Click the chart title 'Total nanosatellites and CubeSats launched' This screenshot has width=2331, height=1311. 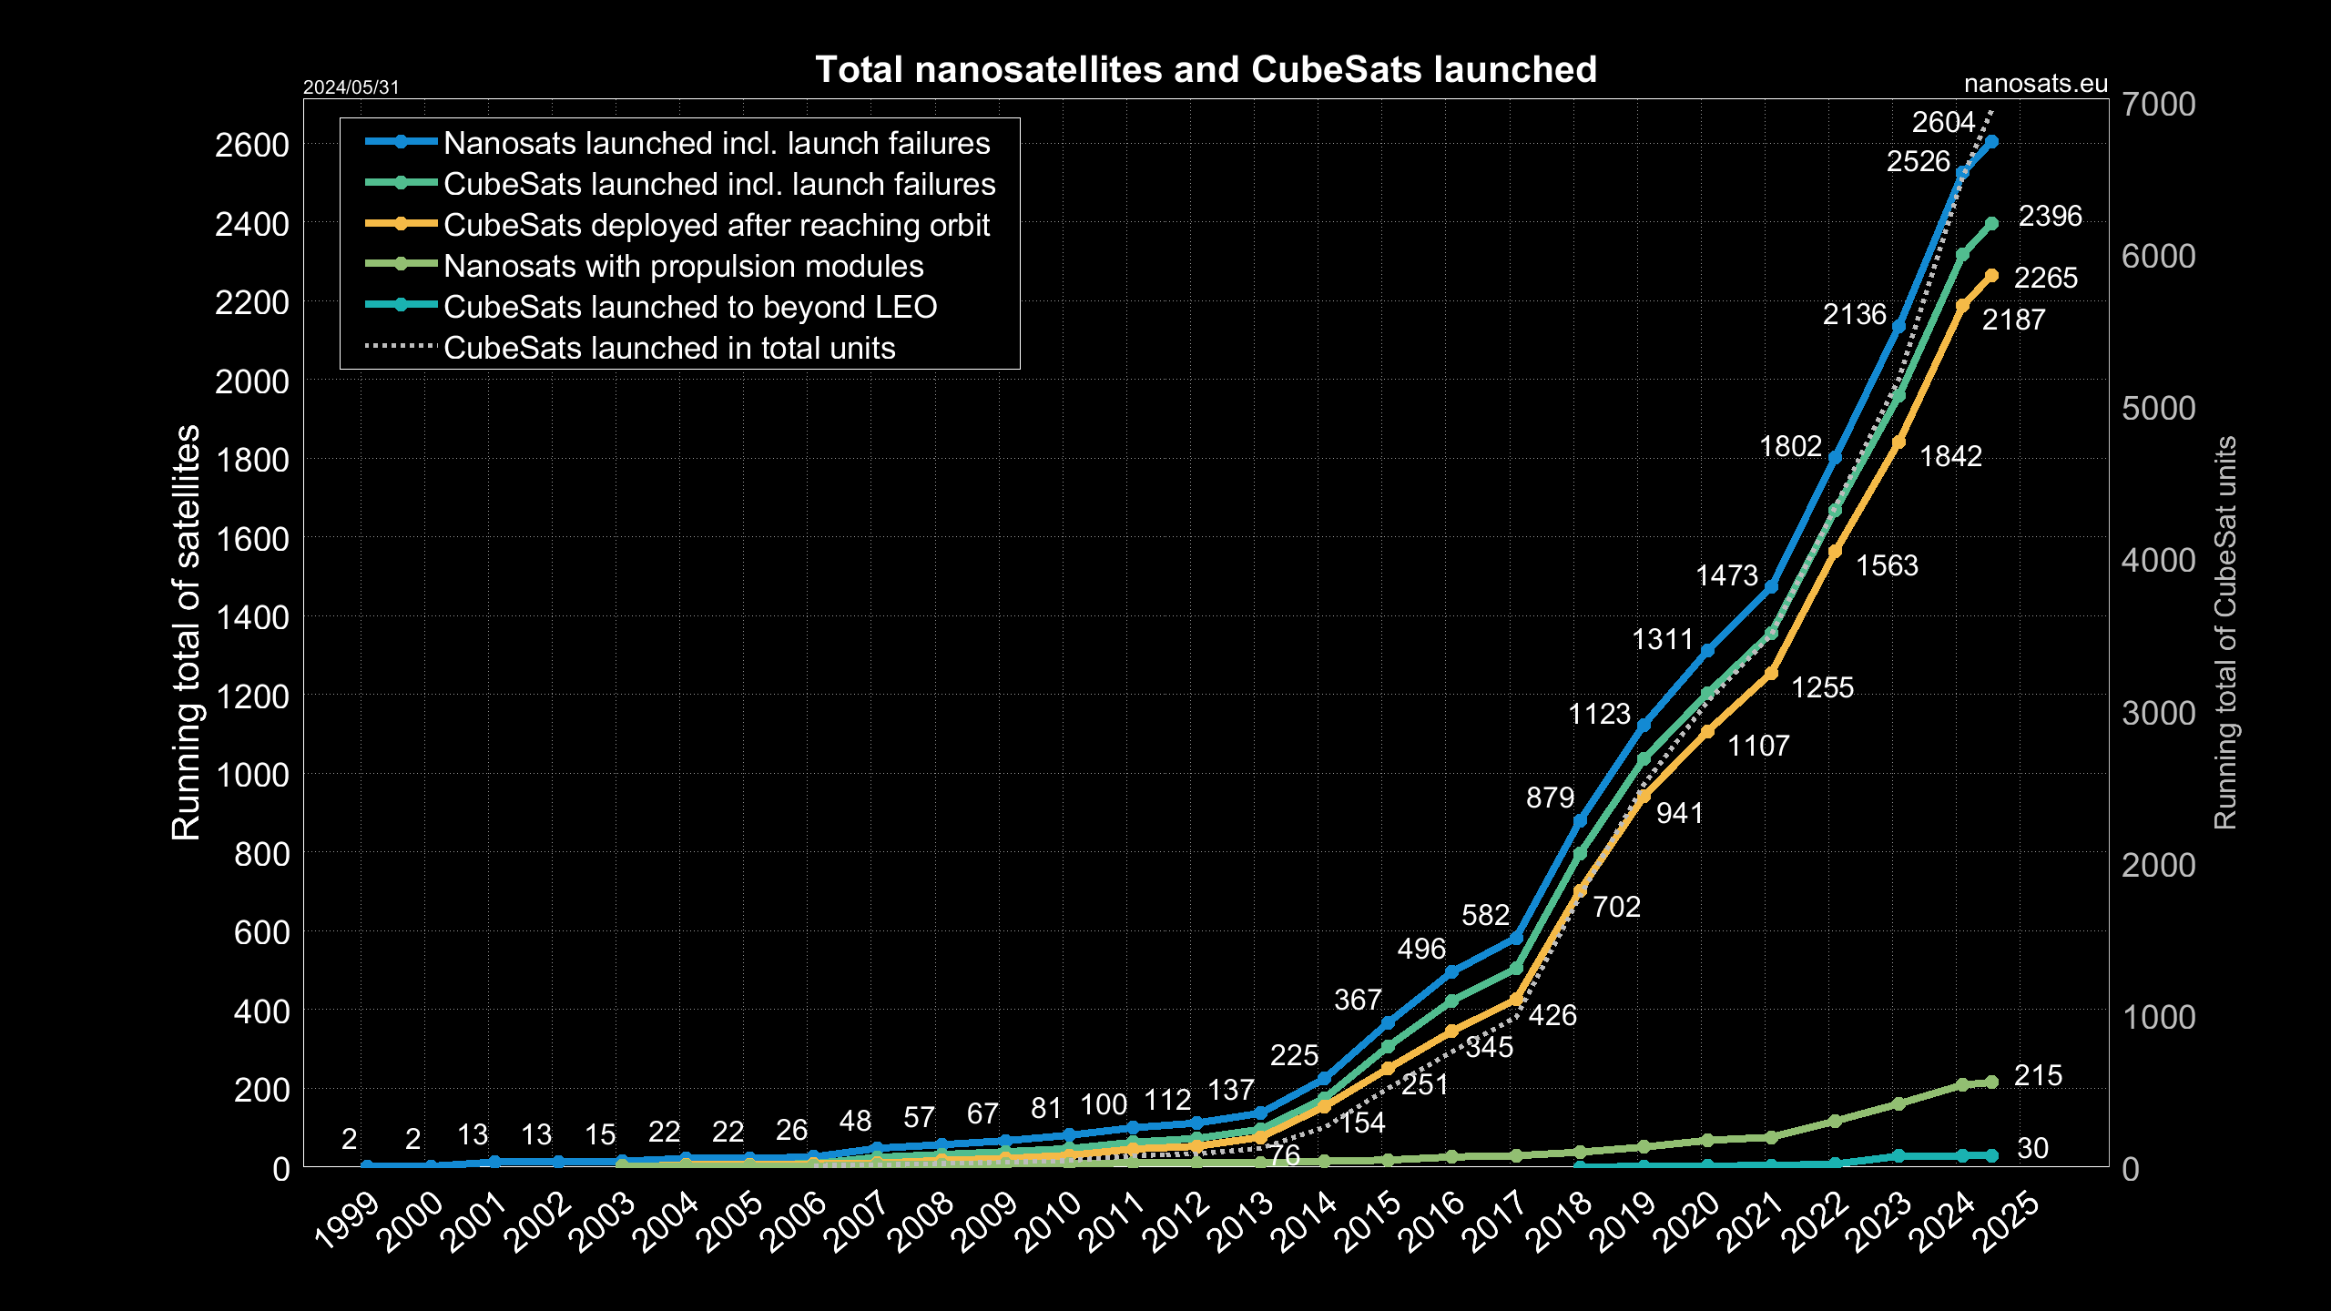click(x=1206, y=69)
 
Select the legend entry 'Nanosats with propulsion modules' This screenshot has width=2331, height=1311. click(x=683, y=266)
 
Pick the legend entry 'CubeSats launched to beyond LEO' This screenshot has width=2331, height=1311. click(x=689, y=307)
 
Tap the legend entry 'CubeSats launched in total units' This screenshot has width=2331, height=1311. click(x=669, y=348)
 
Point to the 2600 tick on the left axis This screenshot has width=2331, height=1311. click(x=251, y=145)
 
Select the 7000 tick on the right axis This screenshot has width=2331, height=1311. click(x=2158, y=104)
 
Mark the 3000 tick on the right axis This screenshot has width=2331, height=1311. click(x=2158, y=713)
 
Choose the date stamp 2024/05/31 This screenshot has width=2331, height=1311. click(x=351, y=86)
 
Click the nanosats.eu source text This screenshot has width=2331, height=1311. click(x=2035, y=84)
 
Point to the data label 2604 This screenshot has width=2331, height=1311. click(x=1943, y=122)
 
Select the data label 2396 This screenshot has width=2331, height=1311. click(x=2050, y=216)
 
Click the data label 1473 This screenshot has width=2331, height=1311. click(x=1726, y=575)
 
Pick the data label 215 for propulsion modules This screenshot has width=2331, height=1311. click(x=2038, y=1075)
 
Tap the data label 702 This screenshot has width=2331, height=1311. click(x=1616, y=907)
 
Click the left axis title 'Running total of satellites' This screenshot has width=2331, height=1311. click(x=186, y=632)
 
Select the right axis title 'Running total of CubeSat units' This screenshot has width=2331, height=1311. click(x=2224, y=632)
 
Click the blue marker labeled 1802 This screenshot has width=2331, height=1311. click(x=1835, y=457)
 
